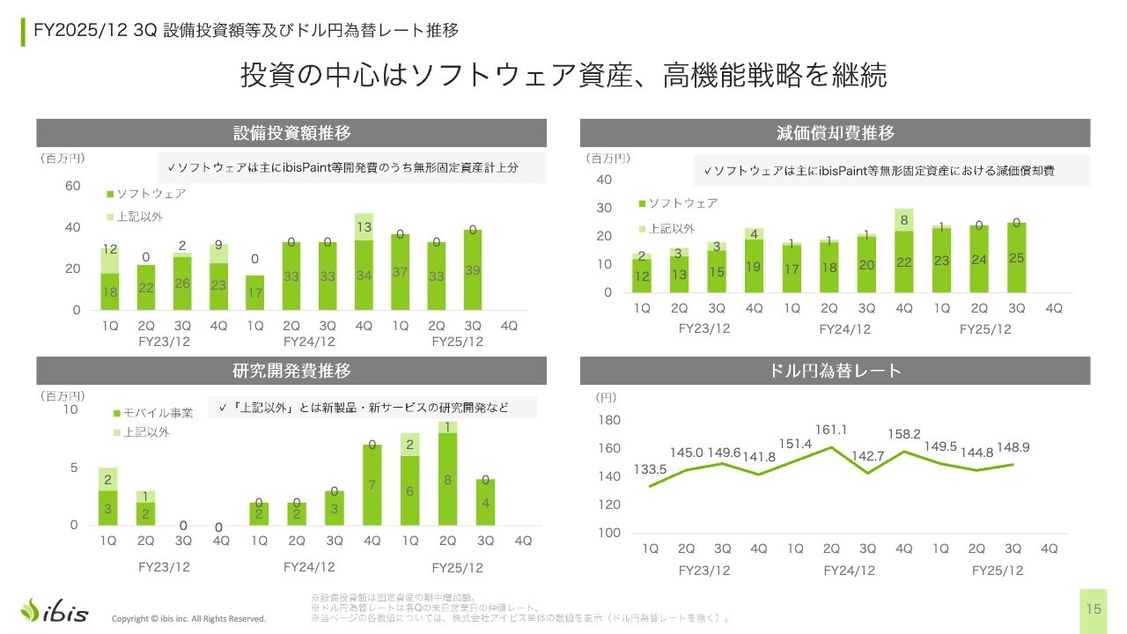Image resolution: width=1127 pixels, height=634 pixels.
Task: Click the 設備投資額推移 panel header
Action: coord(291,133)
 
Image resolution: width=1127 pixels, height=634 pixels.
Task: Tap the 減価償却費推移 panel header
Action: coord(836,133)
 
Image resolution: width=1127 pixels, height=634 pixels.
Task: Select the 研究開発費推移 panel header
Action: coord(291,370)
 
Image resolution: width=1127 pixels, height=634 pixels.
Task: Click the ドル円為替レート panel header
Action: coord(836,370)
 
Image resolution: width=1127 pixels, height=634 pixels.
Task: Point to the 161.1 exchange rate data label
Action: coord(831,430)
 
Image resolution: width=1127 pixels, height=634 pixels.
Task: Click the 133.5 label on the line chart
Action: coord(650,470)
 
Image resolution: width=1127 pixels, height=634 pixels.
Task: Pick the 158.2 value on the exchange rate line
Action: coord(904,434)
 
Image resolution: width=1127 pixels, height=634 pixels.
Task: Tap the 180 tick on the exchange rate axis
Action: coord(609,420)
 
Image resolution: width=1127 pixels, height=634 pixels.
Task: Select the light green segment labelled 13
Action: coord(364,227)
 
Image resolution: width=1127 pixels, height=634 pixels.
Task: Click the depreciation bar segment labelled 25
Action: coord(1016,258)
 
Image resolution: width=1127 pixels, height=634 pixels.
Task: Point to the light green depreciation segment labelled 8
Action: coord(904,220)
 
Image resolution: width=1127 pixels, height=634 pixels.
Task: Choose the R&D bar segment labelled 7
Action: coord(372,485)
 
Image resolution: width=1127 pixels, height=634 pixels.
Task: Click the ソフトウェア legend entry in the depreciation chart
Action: coord(678,203)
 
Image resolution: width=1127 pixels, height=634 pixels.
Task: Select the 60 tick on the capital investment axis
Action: coord(71,186)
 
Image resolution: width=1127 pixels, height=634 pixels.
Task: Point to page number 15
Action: coord(1094,609)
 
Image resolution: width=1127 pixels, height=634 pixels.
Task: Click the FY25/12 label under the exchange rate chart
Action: coord(998,571)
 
